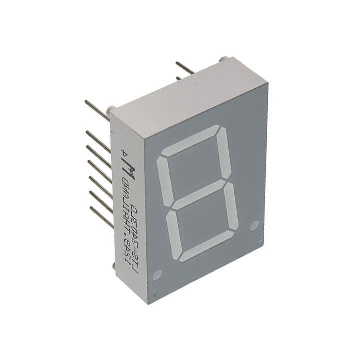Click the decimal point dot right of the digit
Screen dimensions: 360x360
pos(254,225)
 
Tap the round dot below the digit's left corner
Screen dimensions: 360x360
pos(159,274)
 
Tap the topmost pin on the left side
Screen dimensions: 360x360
pos(97,111)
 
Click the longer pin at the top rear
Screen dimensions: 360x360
pos(185,68)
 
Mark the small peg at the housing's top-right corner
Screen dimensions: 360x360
pos(223,60)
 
